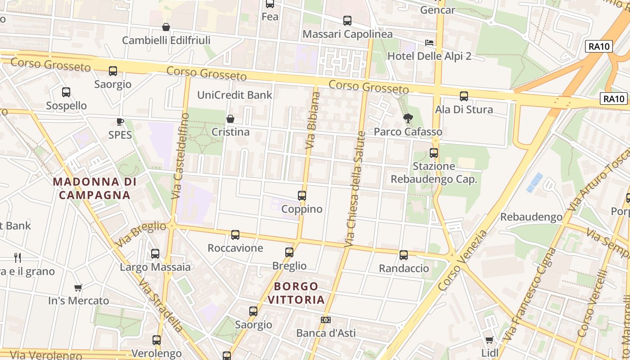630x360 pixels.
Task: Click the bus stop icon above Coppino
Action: coord(302,196)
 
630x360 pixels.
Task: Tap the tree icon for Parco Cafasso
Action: coord(408,119)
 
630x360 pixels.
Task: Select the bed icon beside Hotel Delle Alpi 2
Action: coord(429,43)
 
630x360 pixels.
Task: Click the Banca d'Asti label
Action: coord(326,333)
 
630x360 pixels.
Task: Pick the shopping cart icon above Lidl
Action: coord(489,340)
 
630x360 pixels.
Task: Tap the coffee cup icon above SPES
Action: coord(120,121)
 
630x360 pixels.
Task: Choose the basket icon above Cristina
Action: coord(230,119)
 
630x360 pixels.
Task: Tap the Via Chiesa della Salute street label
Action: coord(355,189)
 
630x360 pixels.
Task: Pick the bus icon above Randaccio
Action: coord(404,255)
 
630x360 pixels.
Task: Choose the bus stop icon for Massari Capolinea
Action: coord(347,21)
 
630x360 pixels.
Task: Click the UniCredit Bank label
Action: coord(235,95)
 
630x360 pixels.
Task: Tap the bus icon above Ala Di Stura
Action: coord(464,96)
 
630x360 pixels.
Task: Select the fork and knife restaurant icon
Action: coord(18,257)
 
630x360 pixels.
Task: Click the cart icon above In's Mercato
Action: coord(78,288)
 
